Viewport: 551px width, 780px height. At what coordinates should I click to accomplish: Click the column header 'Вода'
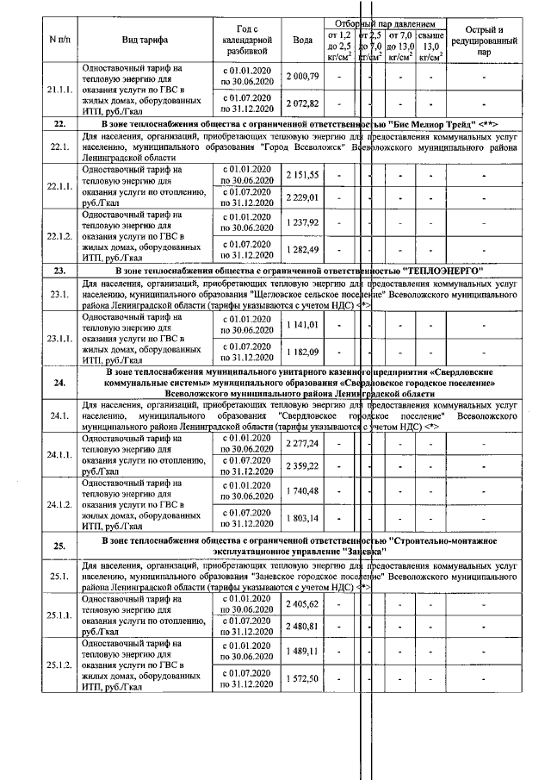pyautogui.click(x=302, y=40)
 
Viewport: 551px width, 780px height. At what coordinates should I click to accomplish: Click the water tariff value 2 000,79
pyautogui.click(x=302, y=77)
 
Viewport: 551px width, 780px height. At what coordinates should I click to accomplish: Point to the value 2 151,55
pyautogui.click(x=302, y=175)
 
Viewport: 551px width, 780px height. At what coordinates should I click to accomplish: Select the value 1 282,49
pyautogui.click(x=302, y=250)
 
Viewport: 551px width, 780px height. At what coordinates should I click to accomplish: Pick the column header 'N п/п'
pyautogui.click(x=59, y=40)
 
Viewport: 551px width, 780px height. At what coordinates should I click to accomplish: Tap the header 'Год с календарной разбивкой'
pyautogui.click(x=247, y=40)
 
